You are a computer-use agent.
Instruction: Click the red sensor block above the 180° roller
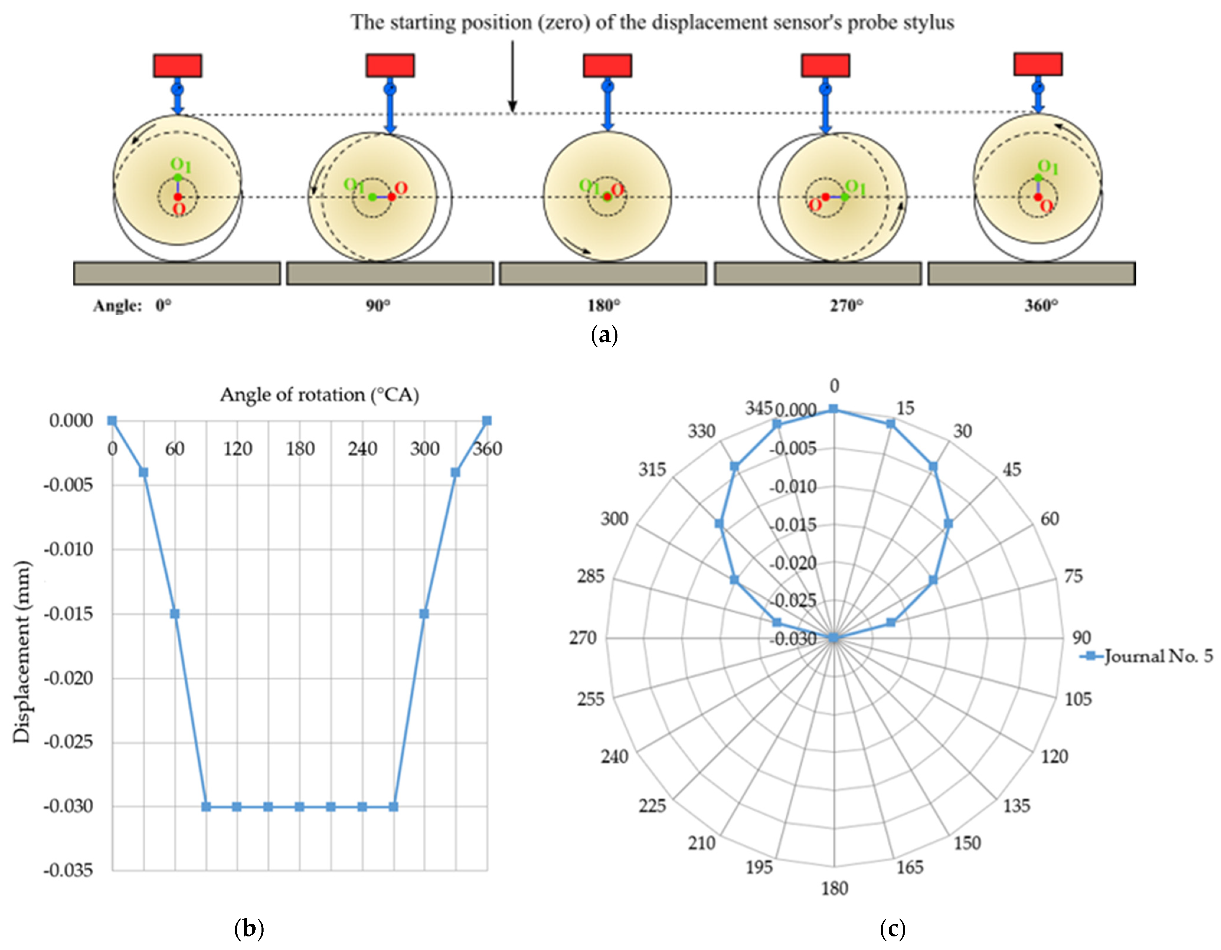[608, 65]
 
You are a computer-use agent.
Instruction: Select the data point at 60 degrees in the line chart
[175, 613]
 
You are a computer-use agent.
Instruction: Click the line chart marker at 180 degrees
[300, 806]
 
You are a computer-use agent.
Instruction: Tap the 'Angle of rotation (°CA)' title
[319, 395]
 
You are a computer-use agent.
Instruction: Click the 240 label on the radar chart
[614, 757]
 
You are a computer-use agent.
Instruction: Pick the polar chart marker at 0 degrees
[833, 409]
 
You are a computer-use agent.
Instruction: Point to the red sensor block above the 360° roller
[1038, 64]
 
